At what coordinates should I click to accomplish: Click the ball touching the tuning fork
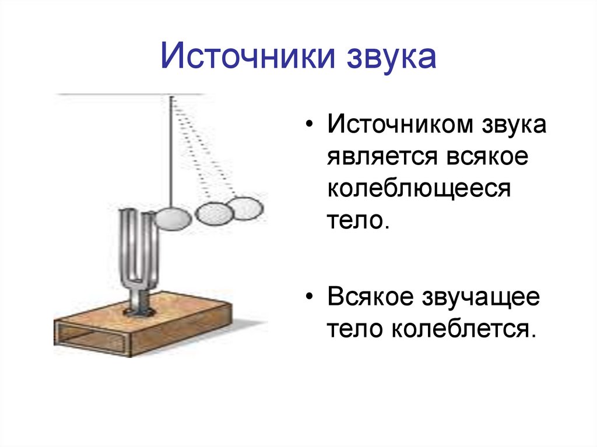tap(173, 219)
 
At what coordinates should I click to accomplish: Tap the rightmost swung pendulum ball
tap(244, 207)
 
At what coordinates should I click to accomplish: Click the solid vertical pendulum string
tap(171, 152)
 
